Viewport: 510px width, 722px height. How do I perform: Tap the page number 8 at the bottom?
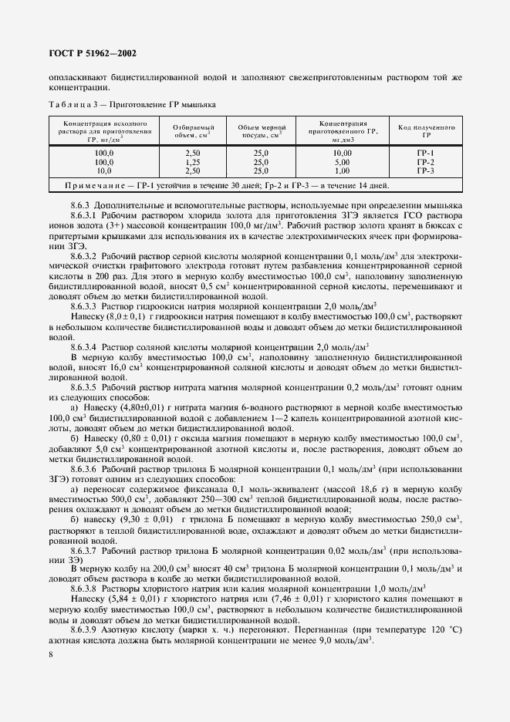50,654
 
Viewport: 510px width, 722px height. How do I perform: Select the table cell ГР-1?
425,154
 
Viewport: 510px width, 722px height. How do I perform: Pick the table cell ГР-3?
425,170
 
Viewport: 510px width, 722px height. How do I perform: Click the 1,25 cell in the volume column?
193,162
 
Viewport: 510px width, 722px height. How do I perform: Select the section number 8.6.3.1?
86,215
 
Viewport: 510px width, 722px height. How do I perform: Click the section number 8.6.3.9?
86,629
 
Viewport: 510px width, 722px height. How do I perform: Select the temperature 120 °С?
441,629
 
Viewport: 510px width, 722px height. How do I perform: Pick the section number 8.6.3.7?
86,552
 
